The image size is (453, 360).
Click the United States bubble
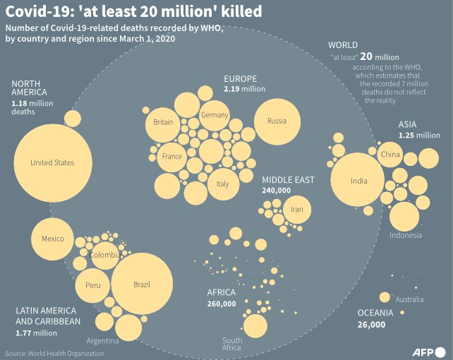(52, 163)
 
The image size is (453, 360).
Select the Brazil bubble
(142, 284)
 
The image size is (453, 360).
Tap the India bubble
(358, 181)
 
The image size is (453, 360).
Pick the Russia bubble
(277, 121)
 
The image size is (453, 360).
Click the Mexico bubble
(53, 239)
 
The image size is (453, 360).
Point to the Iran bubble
(296, 210)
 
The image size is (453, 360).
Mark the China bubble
(390, 154)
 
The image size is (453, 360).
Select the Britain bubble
(163, 123)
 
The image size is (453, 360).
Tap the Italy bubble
(222, 184)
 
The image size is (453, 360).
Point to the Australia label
(409, 300)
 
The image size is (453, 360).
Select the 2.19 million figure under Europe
(244, 90)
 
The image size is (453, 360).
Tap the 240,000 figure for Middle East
(276, 191)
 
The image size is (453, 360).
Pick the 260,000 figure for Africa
(222, 304)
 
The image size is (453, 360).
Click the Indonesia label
(405, 235)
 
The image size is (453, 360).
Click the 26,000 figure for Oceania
(371, 325)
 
